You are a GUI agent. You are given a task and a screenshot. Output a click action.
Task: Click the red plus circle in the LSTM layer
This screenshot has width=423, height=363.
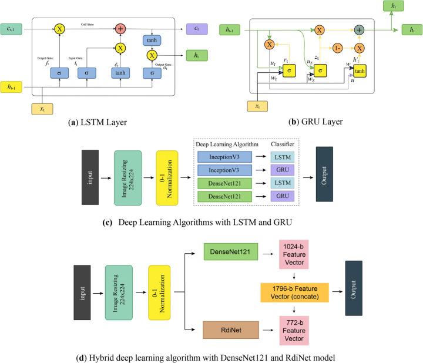(120, 28)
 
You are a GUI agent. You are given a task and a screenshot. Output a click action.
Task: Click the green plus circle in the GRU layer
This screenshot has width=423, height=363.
(360, 29)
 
